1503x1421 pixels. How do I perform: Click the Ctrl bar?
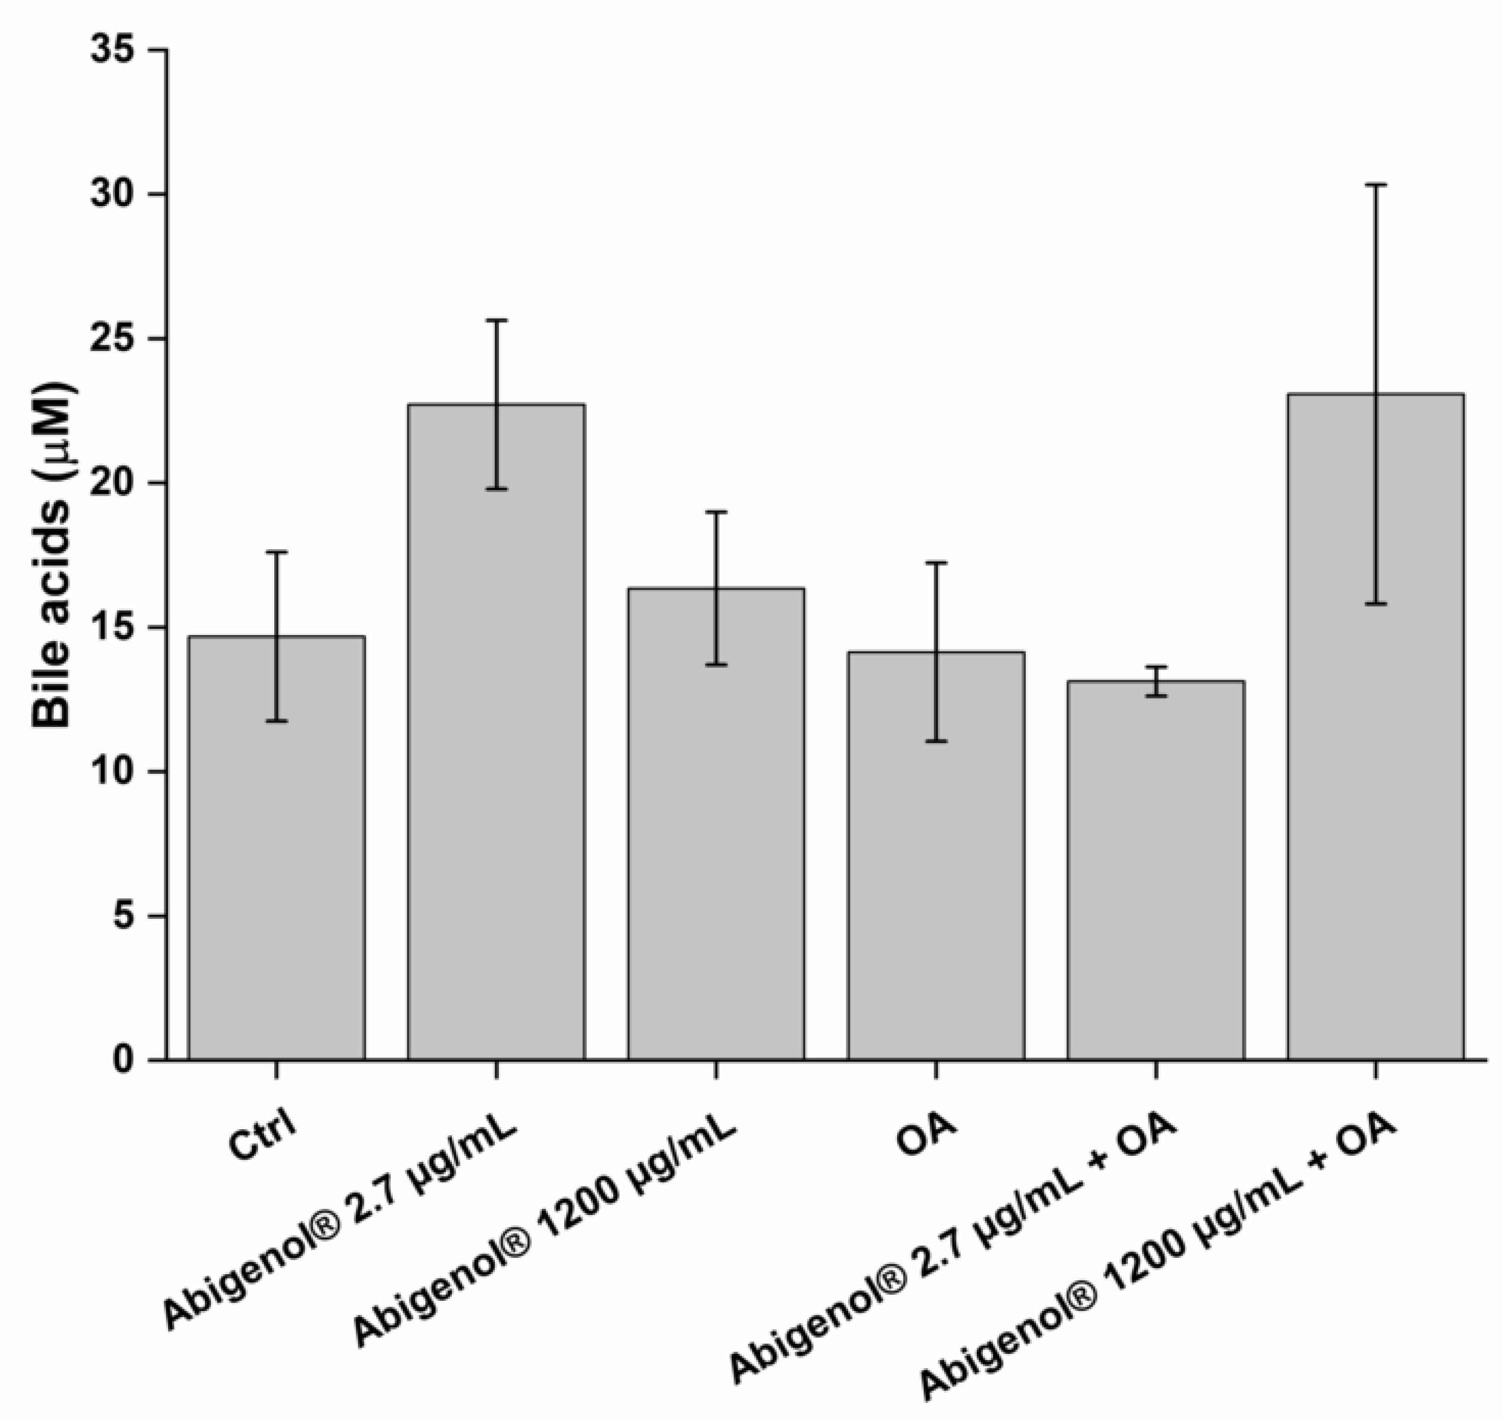click(x=276, y=848)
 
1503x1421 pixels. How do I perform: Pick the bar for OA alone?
click(x=936, y=856)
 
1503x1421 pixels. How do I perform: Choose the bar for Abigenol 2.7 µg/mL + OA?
click(x=1156, y=871)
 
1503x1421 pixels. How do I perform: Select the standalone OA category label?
click(x=925, y=1135)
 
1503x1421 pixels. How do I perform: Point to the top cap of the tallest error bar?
click(x=1375, y=184)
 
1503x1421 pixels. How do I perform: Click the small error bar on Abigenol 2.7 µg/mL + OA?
click(x=1156, y=681)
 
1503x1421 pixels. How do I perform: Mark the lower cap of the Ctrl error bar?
click(x=276, y=720)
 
